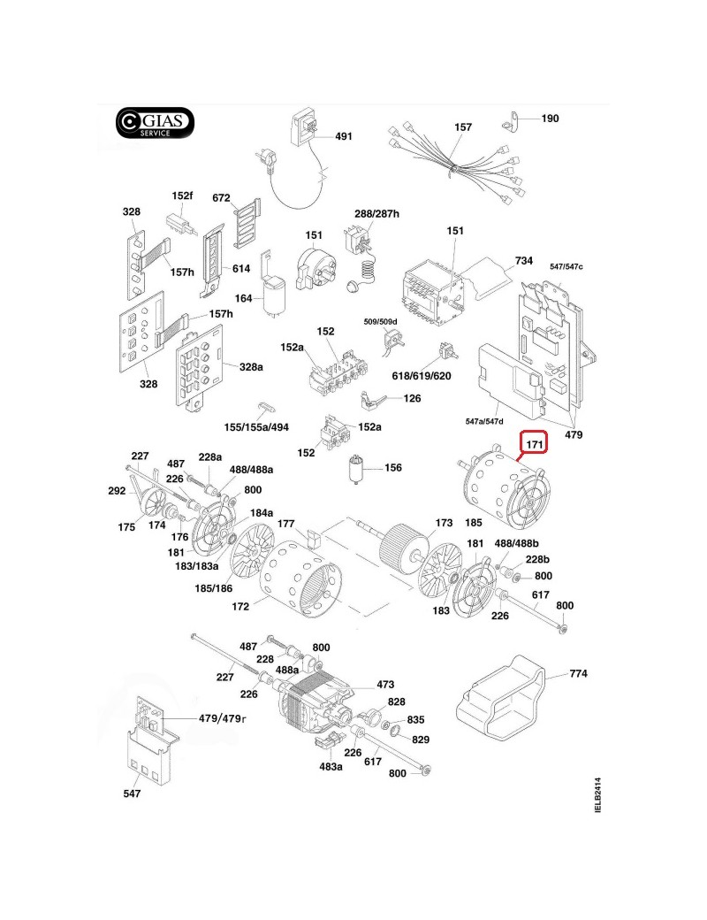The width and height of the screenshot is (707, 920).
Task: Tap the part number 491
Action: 343,136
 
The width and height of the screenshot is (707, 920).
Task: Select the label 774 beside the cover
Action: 577,674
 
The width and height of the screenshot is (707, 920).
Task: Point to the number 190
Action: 549,119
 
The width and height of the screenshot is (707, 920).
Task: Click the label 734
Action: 525,261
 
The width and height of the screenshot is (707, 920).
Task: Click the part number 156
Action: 393,468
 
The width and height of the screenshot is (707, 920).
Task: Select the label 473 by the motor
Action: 385,684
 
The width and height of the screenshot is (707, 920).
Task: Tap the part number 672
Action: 221,198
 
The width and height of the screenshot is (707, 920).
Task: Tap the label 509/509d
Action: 381,320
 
